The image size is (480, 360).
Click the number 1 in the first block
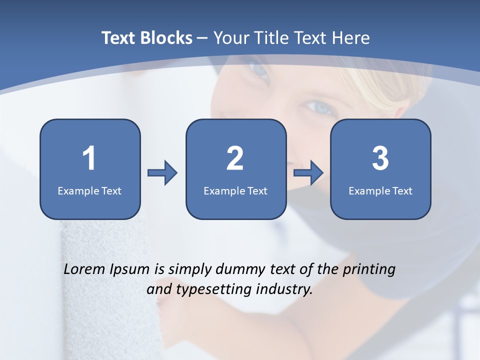[89, 158]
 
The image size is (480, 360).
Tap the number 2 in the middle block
[235, 158]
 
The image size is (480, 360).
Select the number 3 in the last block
[380, 158]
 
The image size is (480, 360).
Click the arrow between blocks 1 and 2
[162, 173]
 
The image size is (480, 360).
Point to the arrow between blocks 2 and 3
[308, 173]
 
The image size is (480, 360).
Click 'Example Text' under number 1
[89, 191]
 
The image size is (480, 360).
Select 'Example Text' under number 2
[235, 191]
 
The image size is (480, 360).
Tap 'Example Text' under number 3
[380, 191]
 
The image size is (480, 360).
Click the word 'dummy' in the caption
[240, 270]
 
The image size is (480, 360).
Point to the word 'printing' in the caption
[369, 270]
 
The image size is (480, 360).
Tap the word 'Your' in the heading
[230, 38]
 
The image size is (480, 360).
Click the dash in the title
[202, 38]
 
